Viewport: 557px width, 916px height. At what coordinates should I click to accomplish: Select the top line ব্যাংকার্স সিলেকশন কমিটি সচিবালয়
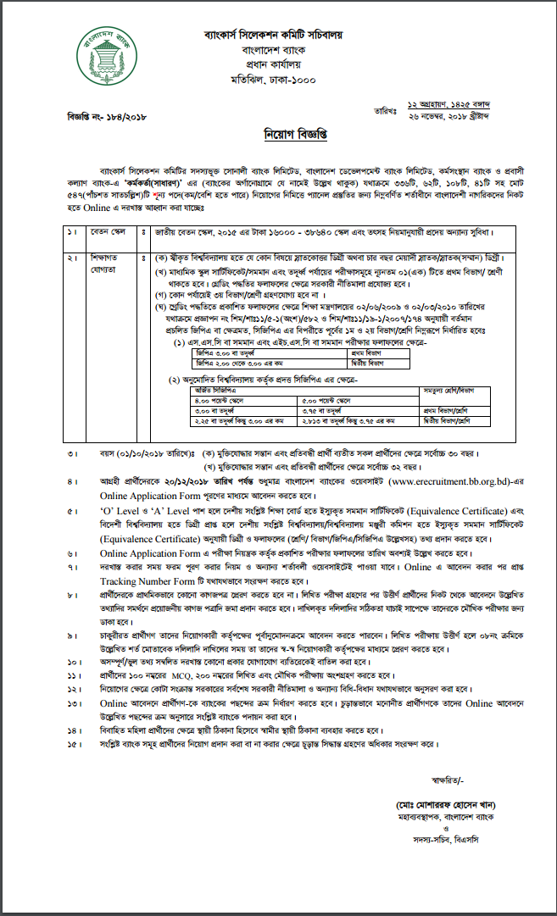[285, 36]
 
